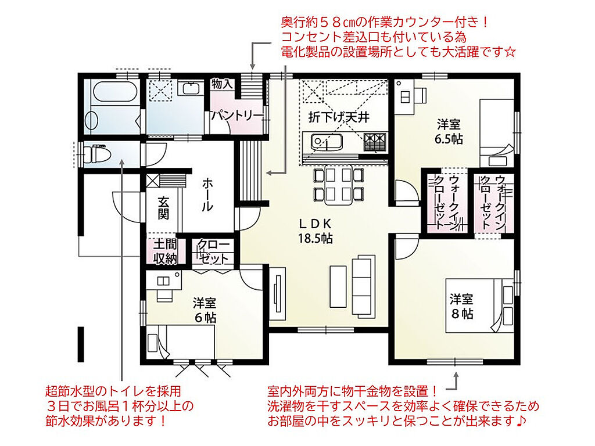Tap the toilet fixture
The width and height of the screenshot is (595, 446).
pyautogui.click(x=96, y=153)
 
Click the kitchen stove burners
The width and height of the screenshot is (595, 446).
pyautogui.click(x=375, y=142)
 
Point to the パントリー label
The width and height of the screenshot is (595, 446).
pyautogui.click(x=237, y=115)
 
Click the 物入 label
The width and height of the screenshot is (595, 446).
pyautogui.click(x=222, y=84)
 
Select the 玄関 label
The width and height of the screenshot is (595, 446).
pyautogui.click(x=163, y=207)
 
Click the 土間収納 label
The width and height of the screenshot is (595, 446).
pyautogui.click(x=165, y=251)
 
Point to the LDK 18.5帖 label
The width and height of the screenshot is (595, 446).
pyautogui.click(x=316, y=231)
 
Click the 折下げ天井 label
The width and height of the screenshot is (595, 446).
pyautogui.click(x=339, y=117)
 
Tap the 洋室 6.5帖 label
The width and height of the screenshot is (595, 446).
pyautogui.click(x=449, y=131)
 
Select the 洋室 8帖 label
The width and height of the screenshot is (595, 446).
pyautogui.click(x=462, y=306)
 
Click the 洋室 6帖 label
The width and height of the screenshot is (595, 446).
pyautogui.click(x=205, y=310)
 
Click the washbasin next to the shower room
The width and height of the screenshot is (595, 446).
pyautogui.click(x=189, y=88)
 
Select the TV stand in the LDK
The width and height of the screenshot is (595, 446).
pyautogui.click(x=277, y=294)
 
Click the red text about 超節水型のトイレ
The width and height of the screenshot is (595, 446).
pyautogui.click(x=120, y=406)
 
